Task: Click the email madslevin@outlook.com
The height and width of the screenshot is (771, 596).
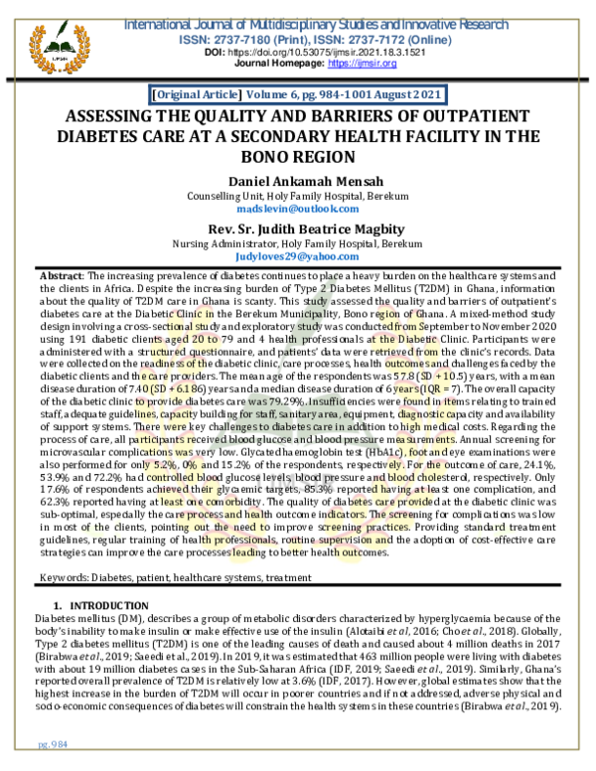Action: coord(298,209)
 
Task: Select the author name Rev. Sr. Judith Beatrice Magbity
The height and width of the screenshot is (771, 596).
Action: coord(298,230)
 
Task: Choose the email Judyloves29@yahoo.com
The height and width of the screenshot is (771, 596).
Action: coord(298,257)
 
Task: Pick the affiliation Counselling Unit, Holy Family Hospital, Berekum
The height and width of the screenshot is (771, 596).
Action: coord(298,196)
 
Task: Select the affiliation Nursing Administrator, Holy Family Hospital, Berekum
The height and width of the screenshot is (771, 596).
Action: coord(298,243)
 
